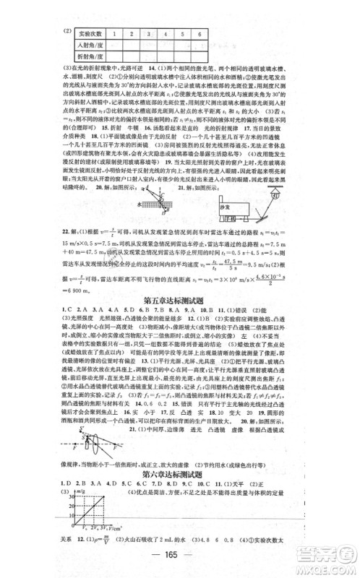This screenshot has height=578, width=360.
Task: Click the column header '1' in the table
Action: click(124, 33)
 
